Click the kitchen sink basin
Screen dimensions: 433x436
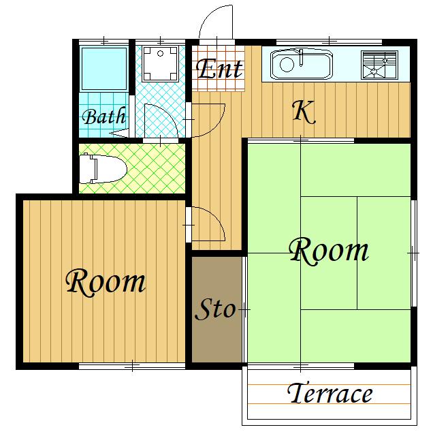click(302, 65)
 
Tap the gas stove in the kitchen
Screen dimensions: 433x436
click(379, 65)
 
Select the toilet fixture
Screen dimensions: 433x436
click(103, 169)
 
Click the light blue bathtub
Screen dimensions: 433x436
click(104, 69)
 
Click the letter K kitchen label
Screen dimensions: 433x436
click(304, 112)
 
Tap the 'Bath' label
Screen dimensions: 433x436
click(104, 116)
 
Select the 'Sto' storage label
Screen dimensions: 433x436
click(215, 309)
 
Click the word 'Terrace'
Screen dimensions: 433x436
click(330, 393)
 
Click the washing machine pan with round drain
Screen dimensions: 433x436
click(160, 64)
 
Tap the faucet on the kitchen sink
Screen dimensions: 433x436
click(301, 57)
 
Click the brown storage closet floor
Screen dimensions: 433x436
click(216, 309)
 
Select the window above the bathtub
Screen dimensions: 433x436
click(104, 42)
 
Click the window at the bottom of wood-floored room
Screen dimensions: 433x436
click(132, 367)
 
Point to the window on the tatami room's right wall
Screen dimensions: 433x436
click(414, 253)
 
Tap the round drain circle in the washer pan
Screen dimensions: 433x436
click(160, 53)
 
